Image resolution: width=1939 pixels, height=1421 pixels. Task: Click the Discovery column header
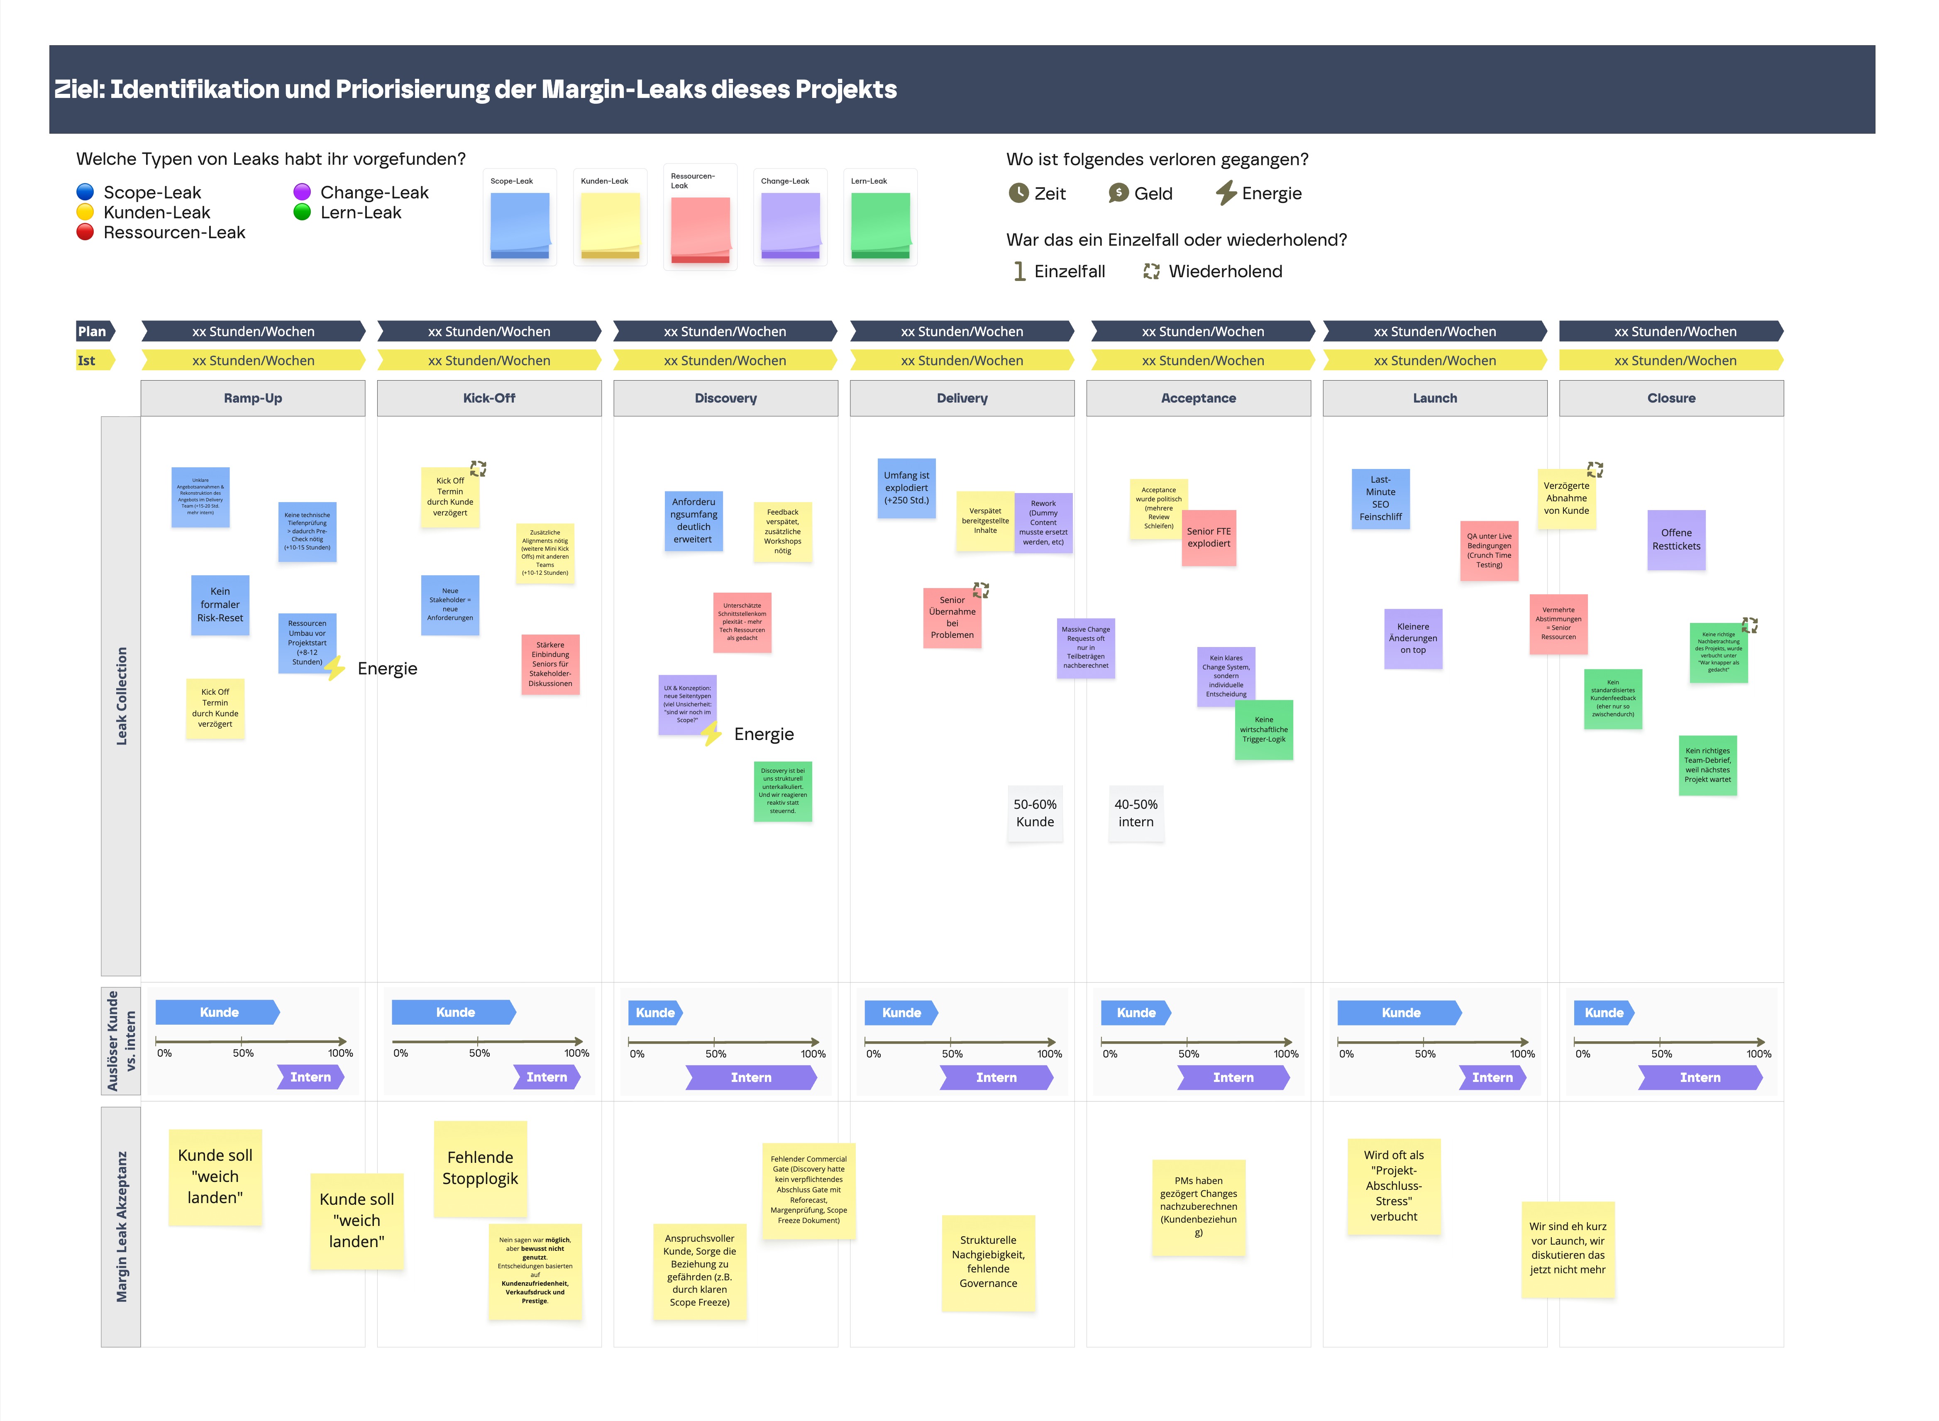[725, 398]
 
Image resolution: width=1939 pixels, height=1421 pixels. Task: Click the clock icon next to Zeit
[1018, 193]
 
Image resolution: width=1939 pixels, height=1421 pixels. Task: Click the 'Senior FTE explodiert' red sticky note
[1209, 537]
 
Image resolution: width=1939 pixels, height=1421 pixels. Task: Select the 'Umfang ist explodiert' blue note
[906, 488]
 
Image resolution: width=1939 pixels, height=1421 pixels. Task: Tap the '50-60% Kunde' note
[1035, 813]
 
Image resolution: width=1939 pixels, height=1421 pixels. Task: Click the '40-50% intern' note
[1136, 813]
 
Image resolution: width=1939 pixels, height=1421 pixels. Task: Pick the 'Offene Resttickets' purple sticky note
[1676, 540]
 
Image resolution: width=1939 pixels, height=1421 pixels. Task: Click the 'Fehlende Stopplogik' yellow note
[480, 1168]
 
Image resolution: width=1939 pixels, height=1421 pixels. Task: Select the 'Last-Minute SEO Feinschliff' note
[1380, 499]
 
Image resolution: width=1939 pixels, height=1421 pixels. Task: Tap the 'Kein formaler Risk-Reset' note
[220, 605]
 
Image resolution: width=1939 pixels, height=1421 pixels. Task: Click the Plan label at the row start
[93, 331]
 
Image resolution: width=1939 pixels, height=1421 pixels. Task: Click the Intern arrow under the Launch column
[1492, 1077]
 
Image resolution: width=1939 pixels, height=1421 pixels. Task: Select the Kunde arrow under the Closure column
[1604, 1012]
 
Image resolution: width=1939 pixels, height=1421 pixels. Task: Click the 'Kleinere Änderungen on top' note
[1412, 638]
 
